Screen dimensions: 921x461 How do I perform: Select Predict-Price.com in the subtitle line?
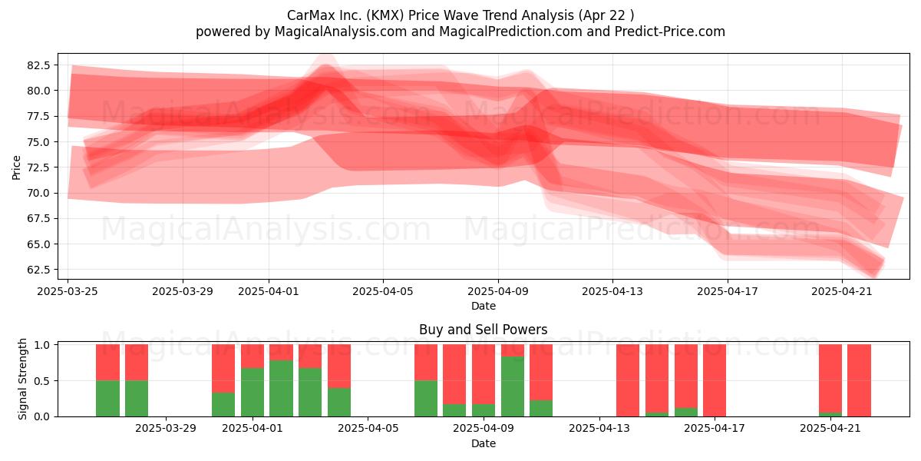[670, 32]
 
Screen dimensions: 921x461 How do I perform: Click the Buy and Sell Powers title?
[483, 330]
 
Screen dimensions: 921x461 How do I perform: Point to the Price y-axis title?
[16, 167]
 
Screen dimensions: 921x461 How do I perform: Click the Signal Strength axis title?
[22, 379]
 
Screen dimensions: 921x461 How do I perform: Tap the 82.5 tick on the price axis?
[38, 65]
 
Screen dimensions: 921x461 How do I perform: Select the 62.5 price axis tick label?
[38, 270]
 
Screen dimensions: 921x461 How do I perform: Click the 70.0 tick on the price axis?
[38, 193]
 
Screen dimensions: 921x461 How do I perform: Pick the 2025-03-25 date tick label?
[68, 291]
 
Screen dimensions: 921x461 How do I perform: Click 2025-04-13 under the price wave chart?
[612, 291]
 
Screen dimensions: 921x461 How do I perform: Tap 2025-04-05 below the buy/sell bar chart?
[368, 429]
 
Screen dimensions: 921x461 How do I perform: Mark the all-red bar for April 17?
[715, 380]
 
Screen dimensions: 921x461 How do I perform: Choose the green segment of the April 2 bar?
[281, 389]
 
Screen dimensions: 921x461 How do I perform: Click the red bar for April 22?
[860, 380]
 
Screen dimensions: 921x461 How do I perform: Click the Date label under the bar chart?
[483, 443]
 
